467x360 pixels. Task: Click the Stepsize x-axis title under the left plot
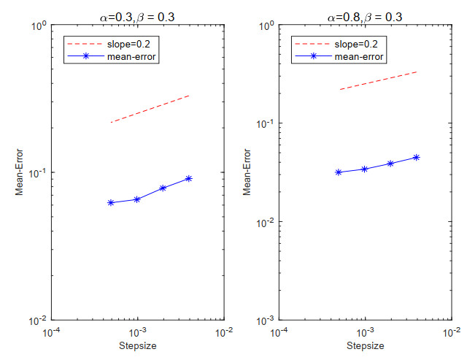pyautogui.click(x=138, y=345)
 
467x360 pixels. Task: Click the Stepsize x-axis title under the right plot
pyautogui.click(x=366, y=345)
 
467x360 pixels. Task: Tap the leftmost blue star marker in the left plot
pyautogui.click(x=111, y=202)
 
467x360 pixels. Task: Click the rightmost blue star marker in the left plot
pyautogui.click(x=189, y=178)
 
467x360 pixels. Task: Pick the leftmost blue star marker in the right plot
pyautogui.click(x=339, y=172)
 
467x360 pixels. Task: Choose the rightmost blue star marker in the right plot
pyautogui.click(x=417, y=157)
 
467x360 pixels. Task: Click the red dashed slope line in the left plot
pyautogui.click(x=150, y=109)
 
